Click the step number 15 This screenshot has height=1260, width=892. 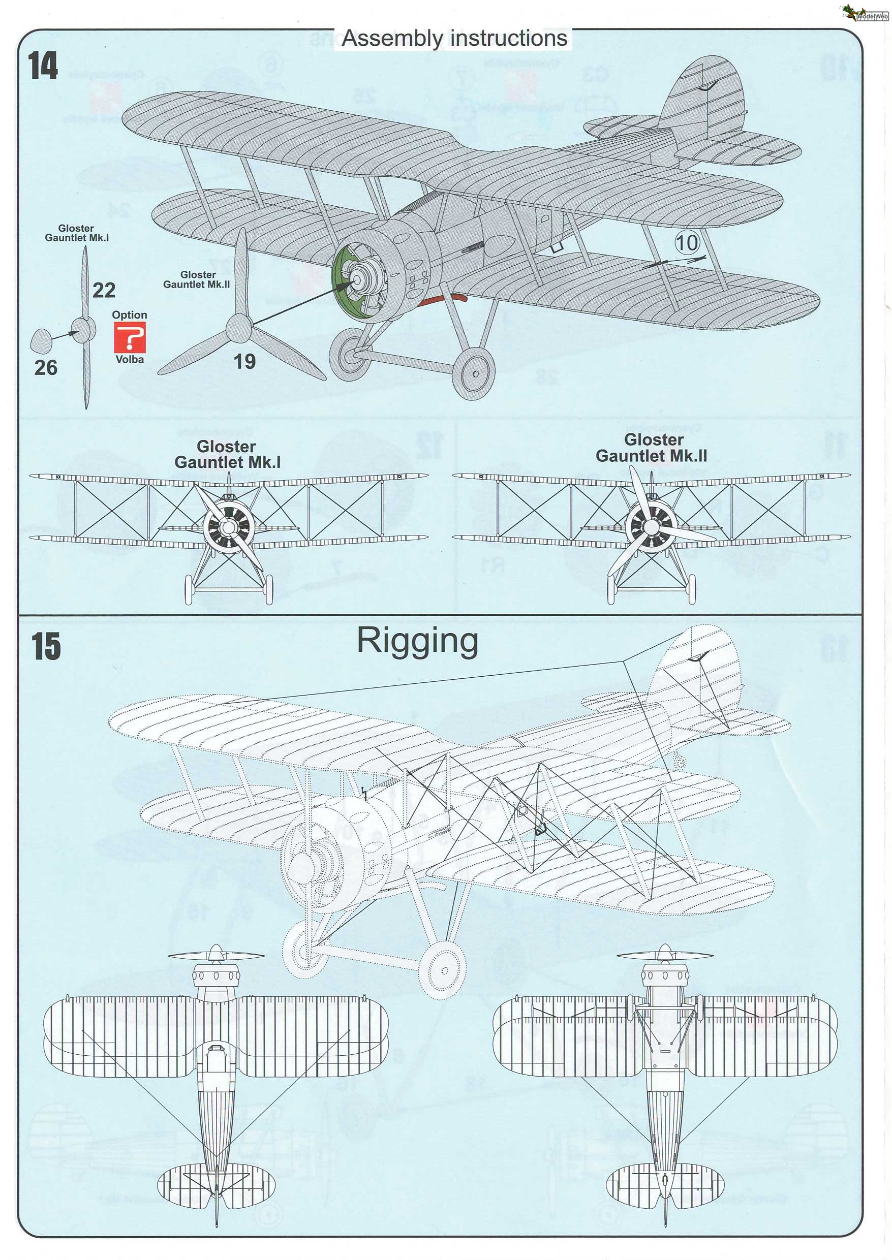(46, 647)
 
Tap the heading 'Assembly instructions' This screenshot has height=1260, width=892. (454, 39)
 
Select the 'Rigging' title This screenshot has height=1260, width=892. (417, 641)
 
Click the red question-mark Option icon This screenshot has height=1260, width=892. (130, 337)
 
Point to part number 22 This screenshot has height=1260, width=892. (104, 291)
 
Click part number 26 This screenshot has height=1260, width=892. (46, 367)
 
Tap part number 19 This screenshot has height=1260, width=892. (244, 361)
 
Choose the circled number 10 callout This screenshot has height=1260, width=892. (687, 243)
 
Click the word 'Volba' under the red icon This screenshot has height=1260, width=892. (130, 360)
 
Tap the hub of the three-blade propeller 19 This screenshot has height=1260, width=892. (239, 328)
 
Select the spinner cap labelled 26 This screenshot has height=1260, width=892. (40, 341)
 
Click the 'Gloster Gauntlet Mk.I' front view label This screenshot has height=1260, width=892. (227, 454)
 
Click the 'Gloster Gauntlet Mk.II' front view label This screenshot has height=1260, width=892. (652, 448)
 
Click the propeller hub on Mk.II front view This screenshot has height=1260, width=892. (652, 526)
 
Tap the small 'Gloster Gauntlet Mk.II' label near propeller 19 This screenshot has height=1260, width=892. (197, 279)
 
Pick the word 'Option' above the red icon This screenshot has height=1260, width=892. (130, 314)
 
